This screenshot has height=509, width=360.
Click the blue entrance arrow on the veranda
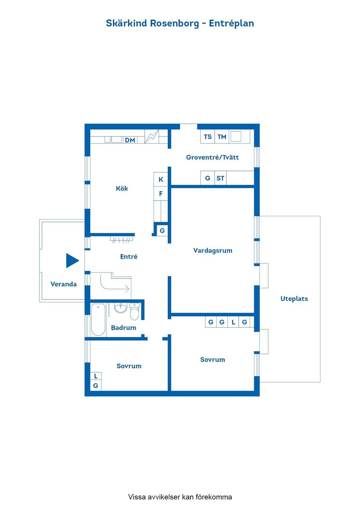(72, 260)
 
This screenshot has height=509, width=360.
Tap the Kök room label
(122, 188)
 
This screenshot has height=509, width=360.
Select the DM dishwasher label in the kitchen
(130, 140)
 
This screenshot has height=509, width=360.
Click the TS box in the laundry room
(207, 136)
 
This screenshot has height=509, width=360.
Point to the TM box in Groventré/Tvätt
(222, 136)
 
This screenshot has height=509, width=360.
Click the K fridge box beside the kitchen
(160, 180)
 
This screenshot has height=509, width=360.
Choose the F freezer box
(160, 194)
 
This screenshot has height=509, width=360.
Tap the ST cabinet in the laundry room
(220, 178)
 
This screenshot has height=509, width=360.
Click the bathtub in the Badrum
(98, 319)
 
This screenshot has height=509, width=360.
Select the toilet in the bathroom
(134, 311)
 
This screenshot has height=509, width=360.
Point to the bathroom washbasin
(120, 308)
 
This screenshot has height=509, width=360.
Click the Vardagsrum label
(213, 250)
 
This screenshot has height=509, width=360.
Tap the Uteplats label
(294, 299)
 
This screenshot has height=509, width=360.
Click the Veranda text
(63, 284)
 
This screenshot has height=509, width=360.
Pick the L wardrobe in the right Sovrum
(233, 322)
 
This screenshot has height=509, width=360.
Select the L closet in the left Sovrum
(96, 376)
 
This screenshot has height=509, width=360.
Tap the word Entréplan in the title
(231, 23)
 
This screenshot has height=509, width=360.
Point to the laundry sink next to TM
(236, 136)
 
